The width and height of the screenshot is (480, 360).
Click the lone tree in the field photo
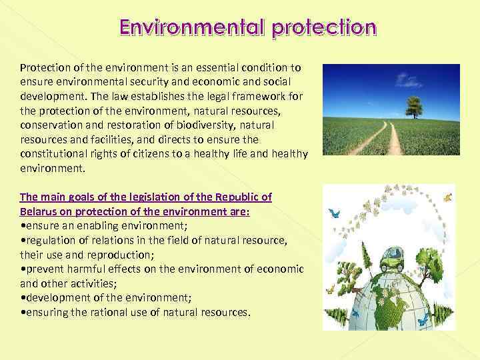coord(414,105)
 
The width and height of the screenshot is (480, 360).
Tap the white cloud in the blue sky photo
coord(407,80)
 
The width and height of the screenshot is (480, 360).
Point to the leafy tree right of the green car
coord(431,264)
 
